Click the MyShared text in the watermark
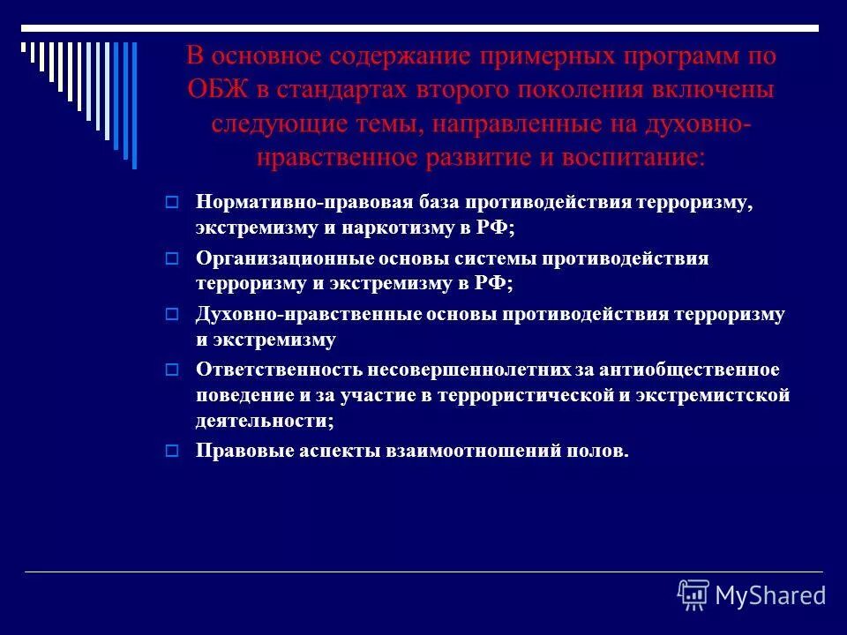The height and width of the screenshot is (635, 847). coord(770,595)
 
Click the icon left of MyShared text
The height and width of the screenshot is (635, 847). coord(693,595)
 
